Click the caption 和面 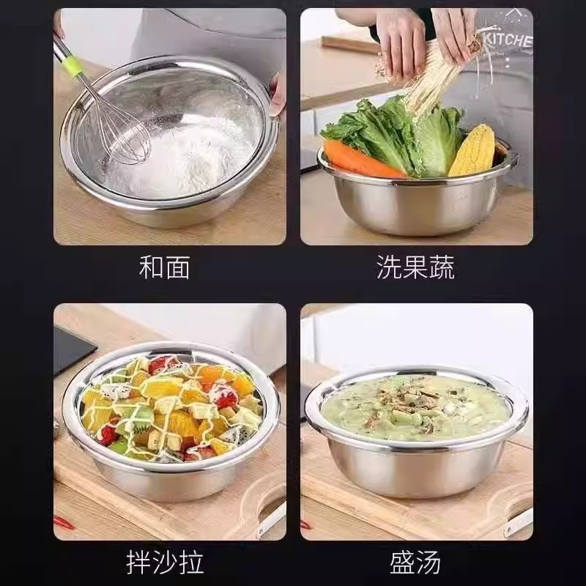[164, 267]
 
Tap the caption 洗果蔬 [415, 267]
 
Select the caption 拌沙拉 [165, 562]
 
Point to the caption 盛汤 [415, 562]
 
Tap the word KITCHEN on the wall [510, 40]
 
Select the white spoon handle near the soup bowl [519, 522]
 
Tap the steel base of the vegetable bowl [415, 207]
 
